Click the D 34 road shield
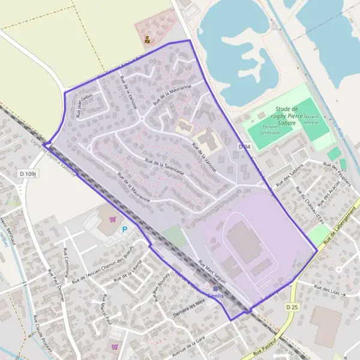244,146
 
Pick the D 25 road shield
292,307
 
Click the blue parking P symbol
125,229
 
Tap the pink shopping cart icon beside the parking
112,220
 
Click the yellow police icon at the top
147,41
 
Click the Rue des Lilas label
327,290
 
